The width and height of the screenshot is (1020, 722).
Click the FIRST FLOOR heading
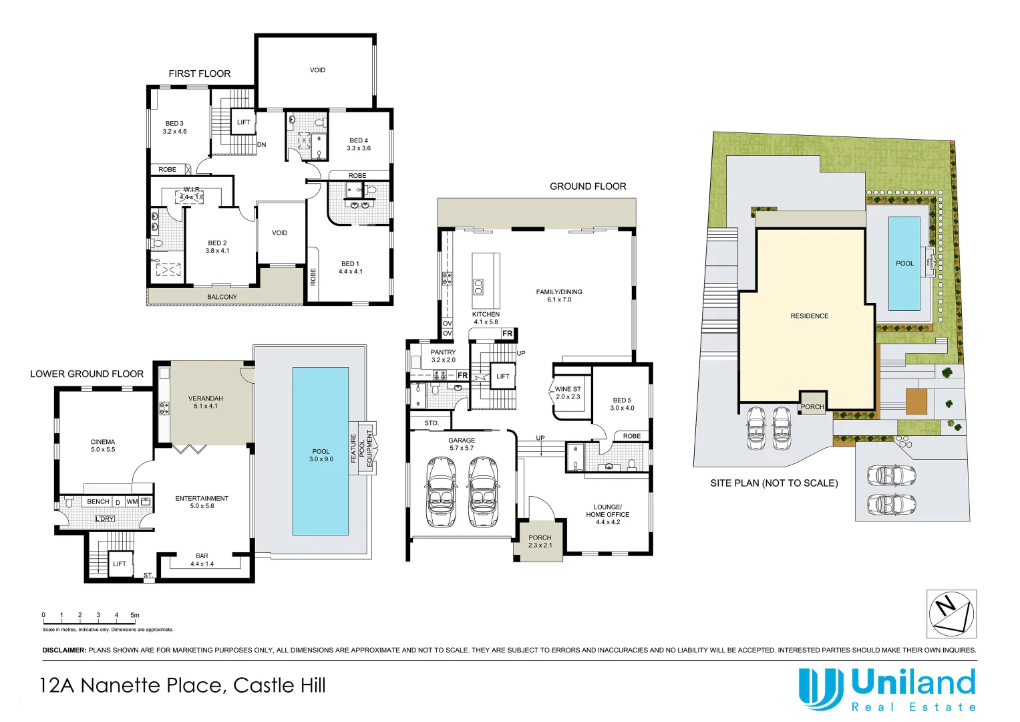click(x=199, y=74)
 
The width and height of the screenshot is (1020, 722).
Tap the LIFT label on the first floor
click(x=243, y=122)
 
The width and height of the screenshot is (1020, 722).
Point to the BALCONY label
click(x=222, y=297)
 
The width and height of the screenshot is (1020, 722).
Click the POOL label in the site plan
click(x=904, y=263)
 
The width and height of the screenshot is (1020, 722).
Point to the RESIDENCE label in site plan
click(x=809, y=316)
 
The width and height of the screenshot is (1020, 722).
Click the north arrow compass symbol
click(x=951, y=614)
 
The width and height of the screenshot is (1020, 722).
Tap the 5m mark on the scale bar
click(x=135, y=615)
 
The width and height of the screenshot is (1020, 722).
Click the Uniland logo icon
click(x=820, y=689)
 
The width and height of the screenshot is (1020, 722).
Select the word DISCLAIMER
click(x=64, y=650)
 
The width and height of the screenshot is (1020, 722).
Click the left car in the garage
click(x=441, y=491)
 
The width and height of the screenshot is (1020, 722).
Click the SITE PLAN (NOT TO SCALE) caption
click(x=774, y=483)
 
